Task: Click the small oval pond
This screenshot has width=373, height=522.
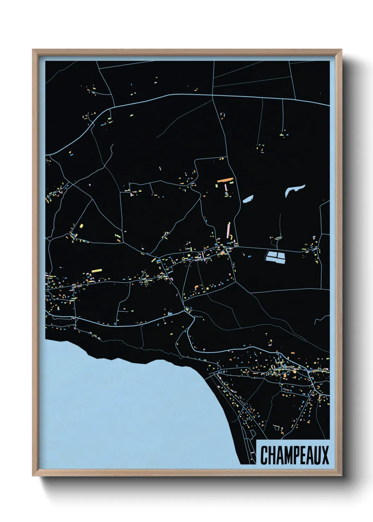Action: (248, 200)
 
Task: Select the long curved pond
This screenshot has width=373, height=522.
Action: (295, 190)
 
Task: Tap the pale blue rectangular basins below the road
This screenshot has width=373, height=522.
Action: (275, 257)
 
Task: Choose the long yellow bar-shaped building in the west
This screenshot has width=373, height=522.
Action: (96, 271)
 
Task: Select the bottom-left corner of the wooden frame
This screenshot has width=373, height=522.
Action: (33, 475)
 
